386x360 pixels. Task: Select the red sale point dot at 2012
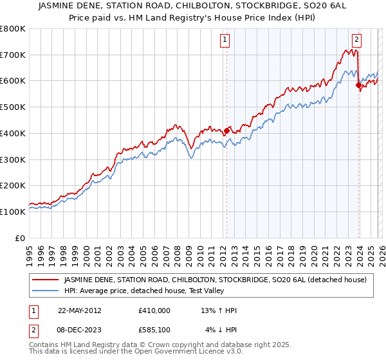[226, 130]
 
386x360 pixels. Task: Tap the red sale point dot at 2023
[358, 84]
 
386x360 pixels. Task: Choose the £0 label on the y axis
[20, 238]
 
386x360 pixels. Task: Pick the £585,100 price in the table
[154, 330]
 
